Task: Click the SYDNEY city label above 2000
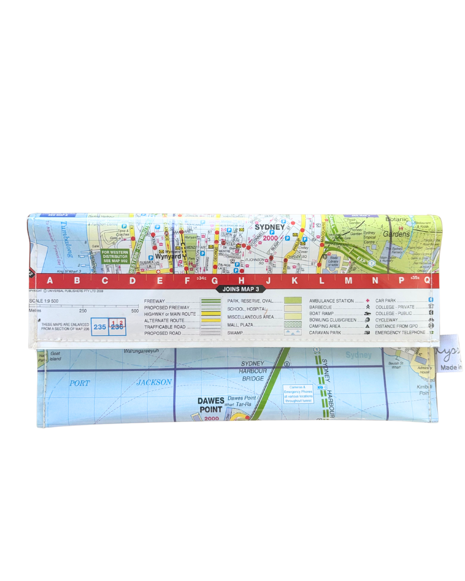click(x=270, y=227)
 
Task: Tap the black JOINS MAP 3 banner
click(x=241, y=289)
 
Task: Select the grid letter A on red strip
click(x=50, y=281)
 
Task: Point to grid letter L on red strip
click(x=321, y=281)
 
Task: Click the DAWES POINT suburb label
click(x=211, y=405)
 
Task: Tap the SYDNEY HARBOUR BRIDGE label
click(x=253, y=371)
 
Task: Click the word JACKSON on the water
click(x=154, y=382)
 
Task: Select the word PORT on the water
click(x=80, y=383)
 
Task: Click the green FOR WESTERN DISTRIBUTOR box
click(x=115, y=257)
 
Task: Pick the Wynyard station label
click(x=168, y=257)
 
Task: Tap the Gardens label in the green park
click(x=396, y=234)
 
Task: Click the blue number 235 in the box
click(x=100, y=327)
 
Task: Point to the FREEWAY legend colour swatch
click(x=211, y=301)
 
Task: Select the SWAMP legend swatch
click(x=293, y=333)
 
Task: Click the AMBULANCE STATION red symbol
click(x=368, y=301)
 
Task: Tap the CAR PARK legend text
click(x=385, y=301)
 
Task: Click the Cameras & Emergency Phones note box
click(x=298, y=394)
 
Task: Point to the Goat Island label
click(x=55, y=356)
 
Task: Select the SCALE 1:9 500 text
click(x=44, y=301)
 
